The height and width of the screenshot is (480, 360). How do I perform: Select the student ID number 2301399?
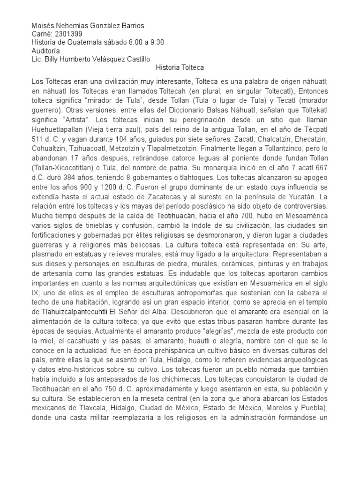click(65, 34)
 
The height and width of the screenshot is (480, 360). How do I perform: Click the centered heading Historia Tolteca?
click(180, 68)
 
